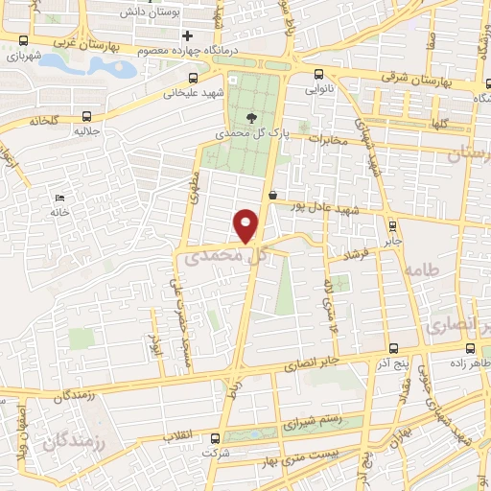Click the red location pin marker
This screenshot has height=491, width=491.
pos(247,224)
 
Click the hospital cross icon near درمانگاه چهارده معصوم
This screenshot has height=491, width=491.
pos(188,35)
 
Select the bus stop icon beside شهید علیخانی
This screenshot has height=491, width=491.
pos(195,78)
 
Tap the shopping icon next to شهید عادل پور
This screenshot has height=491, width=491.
pos(273,196)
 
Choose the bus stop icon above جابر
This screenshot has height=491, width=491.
pos(391,226)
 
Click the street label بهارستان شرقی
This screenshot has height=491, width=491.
pos(384,78)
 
